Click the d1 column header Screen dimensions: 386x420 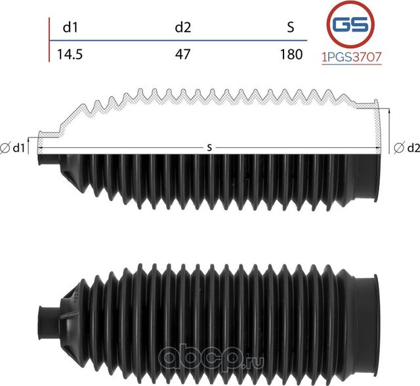coord(70,28)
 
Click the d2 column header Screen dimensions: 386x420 coord(182,28)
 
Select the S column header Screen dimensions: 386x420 coord(291,28)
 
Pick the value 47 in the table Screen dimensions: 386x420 coord(182,55)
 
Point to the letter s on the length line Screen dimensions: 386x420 coord(209,149)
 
